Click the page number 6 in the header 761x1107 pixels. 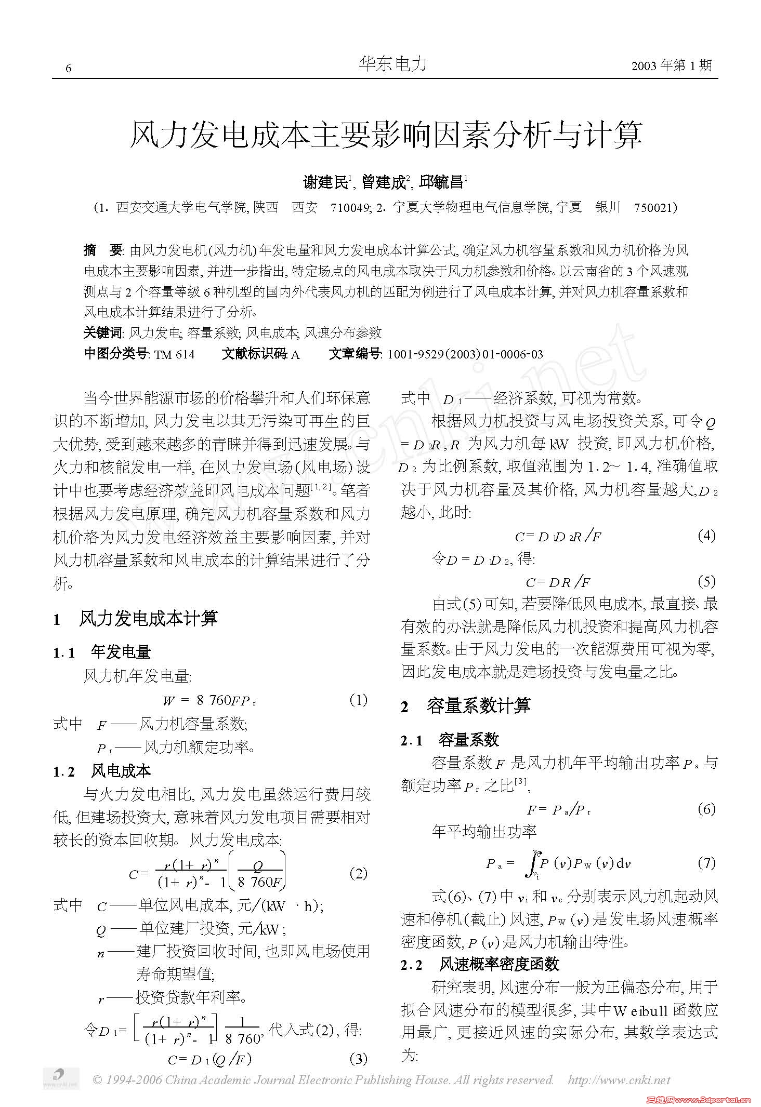(x=69, y=69)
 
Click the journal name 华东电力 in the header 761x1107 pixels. (x=393, y=64)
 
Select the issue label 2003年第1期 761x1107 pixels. (x=672, y=65)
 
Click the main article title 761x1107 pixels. (x=385, y=135)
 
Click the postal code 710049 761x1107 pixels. (x=350, y=208)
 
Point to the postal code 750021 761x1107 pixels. (x=653, y=208)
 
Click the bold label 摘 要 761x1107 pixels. (x=102, y=250)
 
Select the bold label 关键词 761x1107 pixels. (x=103, y=332)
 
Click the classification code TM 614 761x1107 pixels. (x=175, y=355)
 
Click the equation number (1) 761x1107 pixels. (x=358, y=700)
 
